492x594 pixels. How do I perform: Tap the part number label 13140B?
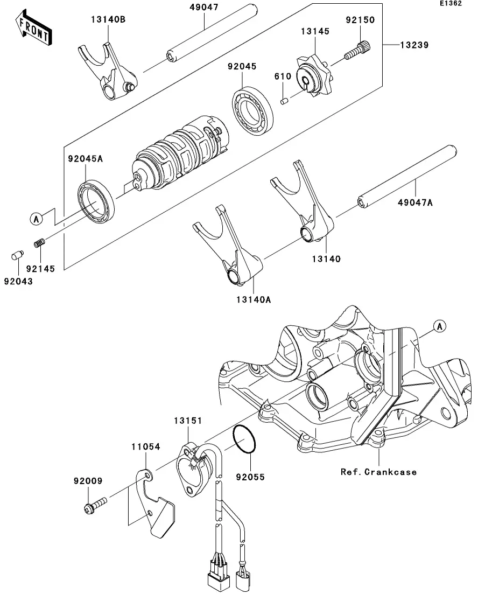108,19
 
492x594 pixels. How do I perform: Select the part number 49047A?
415,202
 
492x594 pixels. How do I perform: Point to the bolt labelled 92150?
357,51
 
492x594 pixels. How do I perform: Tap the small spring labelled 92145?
39,242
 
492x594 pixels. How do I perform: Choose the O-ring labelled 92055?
244,439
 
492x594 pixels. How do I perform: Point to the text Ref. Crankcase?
379,472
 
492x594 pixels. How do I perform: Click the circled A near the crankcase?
439,326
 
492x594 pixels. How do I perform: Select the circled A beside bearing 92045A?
37,219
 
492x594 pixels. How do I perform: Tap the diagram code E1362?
451,3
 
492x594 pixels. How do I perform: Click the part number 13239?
414,45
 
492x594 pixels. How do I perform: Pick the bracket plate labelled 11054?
155,504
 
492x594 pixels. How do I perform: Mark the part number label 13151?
188,421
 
